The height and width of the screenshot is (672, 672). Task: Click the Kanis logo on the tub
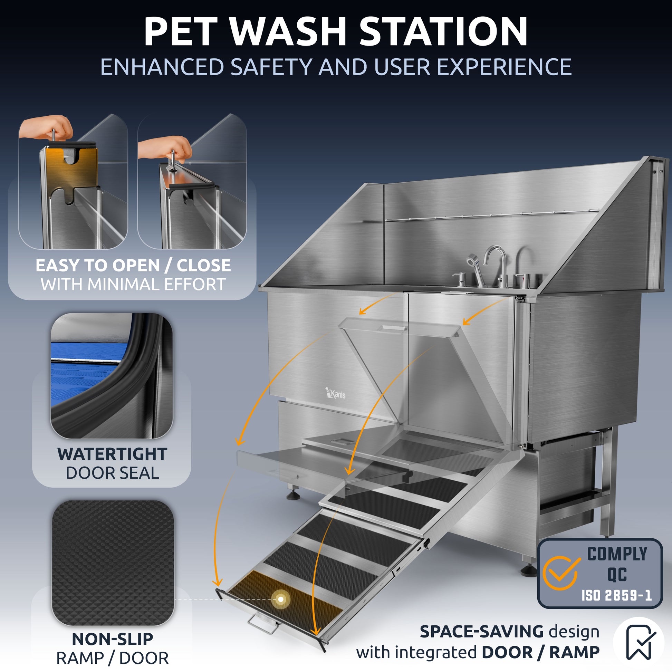(x=335, y=393)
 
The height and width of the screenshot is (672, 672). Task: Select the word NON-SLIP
(x=112, y=639)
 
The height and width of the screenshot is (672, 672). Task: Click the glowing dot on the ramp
(x=280, y=599)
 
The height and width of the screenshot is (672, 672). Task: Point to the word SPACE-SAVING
(x=482, y=632)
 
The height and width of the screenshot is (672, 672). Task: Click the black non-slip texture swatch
(x=113, y=563)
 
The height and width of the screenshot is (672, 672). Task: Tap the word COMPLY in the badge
(x=617, y=554)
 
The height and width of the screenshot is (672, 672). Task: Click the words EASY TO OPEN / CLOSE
(x=133, y=266)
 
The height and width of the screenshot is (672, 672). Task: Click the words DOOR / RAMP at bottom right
(x=540, y=653)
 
